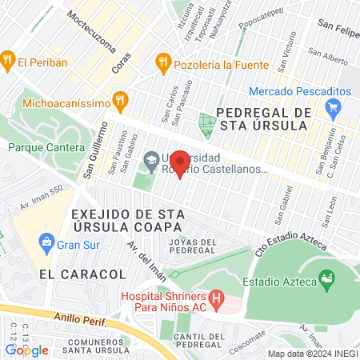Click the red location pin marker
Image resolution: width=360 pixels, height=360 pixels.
pos(181,163)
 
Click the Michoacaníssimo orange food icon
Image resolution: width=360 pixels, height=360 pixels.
pos(121,100)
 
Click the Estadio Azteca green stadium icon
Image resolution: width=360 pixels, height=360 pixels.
pos(326,279)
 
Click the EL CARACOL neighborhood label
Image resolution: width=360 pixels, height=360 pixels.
pos(82,274)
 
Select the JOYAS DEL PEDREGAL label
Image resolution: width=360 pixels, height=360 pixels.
pos(187,246)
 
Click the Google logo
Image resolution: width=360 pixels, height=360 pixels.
pos(26,350)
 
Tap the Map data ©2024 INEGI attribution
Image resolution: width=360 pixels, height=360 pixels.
pos(312,354)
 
